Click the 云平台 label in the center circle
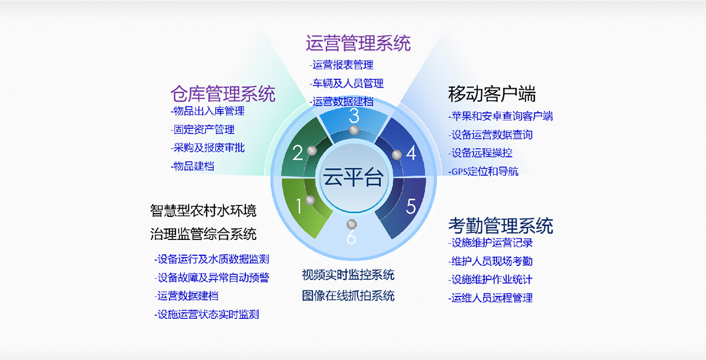tap(353, 177)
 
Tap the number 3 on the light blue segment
tap(354, 115)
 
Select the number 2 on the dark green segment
tap(298, 152)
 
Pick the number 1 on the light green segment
tap(299, 206)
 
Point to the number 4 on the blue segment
tap(411, 153)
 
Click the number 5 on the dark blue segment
tap(411, 206)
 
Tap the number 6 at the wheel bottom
tap(351, 236)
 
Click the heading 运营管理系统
tap(358, 43)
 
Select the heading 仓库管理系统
tap(223, 94)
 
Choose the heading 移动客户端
tap(492, 94)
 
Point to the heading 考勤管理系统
tap(501, 226)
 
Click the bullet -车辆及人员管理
tap(347, 83)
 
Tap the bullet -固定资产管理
tap(202, 129)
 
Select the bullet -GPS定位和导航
tap(483, 172)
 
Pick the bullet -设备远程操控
tap(480, 153)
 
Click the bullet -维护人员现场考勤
tap(490, 261)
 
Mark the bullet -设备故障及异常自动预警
tap(211, 278)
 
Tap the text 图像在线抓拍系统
tap(348, 296)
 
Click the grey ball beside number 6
tap(352, 225)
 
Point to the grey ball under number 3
tap(354, 130)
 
